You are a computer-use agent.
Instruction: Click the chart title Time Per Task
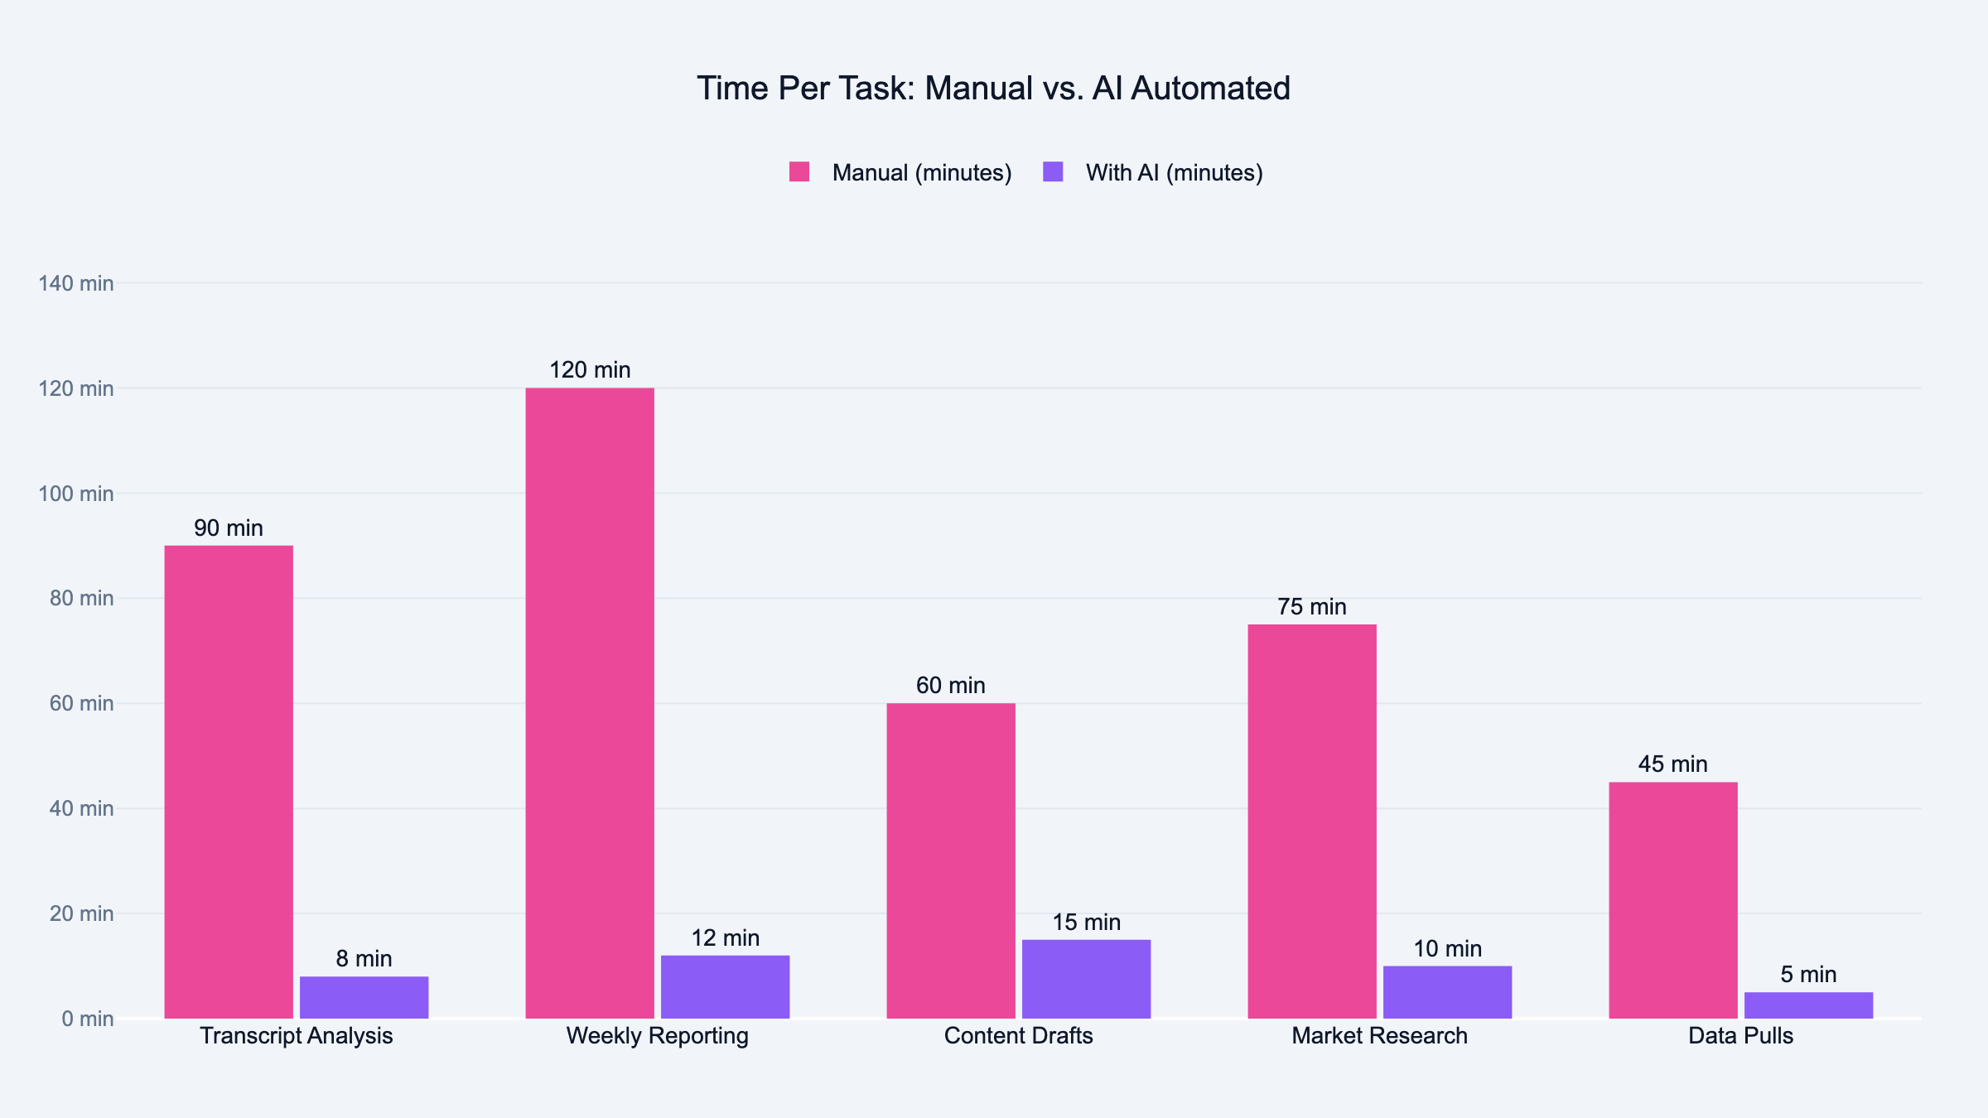click(993, 89)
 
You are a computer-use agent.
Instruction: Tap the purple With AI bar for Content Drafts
click(1086, 979)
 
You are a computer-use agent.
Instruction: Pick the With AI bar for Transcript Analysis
click(364, 997)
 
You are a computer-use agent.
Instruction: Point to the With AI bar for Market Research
click(1447, 991)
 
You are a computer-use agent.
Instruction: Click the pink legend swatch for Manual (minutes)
click(799, 172)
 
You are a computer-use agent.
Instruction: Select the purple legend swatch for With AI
click(1053, 172)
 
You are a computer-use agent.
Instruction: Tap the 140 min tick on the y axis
click(76, 283)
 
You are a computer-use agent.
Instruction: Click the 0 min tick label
click(87, 1019)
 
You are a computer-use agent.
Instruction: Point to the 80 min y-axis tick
click(81, 598)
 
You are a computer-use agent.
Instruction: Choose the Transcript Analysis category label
click(297, 1036)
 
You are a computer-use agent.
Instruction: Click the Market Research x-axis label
click(1379, 1036)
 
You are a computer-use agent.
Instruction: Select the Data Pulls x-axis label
click(1740, 1036)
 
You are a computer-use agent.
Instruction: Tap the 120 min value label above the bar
click(590, 370)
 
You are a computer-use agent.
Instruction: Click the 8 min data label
click(364, 959)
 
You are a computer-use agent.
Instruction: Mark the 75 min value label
click(1312, 607)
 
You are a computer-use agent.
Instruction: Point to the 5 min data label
click(1808, 975)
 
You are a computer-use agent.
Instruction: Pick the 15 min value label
click(1086, 923)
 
